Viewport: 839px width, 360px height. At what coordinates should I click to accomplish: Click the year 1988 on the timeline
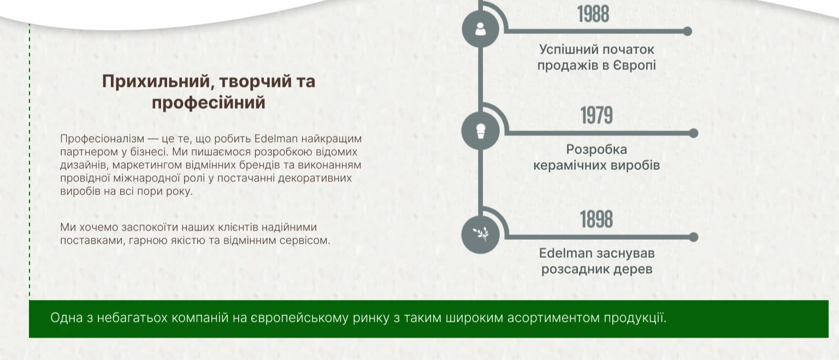click(x=593, y=14)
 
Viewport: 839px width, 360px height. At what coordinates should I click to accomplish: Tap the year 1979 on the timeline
click(x=596, y=115)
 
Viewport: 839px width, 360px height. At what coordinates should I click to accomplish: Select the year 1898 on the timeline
click(x=596, y=219)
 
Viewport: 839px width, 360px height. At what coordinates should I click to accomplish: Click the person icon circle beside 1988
click(x=481, y=29)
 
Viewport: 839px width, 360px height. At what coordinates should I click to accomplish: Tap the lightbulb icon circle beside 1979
click(x=481, y=131)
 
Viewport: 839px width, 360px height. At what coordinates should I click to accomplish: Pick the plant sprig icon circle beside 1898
click(x=481, y=234)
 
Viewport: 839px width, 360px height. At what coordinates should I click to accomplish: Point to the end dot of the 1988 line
click(x=687, y=32)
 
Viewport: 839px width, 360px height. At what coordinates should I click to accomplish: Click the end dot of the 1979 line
click(x=694, y=133)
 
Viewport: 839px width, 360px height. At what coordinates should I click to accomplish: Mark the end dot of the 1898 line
click(x=694, y=237)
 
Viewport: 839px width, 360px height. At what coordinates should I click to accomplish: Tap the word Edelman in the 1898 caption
click(x=565, y=253)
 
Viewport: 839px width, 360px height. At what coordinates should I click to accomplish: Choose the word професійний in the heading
click(x=209, y=103)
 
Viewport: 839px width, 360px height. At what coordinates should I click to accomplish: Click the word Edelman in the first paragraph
click(x=276, y=139)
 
